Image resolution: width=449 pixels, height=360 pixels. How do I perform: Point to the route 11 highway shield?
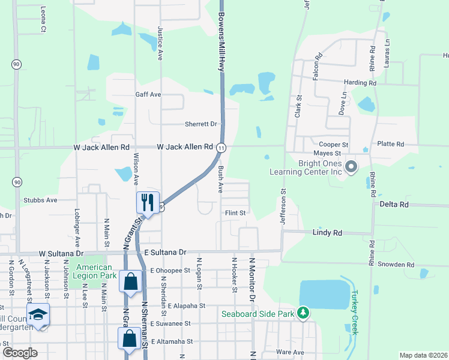pos(221,147)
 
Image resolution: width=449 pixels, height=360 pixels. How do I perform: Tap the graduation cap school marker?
pos(38,314)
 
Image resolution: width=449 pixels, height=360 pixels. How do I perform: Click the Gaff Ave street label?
pos(148,94)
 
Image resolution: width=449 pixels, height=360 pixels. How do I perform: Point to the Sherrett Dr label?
pos(200,124)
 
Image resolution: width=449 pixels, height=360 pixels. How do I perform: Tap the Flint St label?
pos(235,212)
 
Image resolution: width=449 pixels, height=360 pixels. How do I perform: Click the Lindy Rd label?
pos(327,232)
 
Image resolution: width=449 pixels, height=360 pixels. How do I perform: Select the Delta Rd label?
pos(394,204)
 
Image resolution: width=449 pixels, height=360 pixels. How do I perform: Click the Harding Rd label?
pos(360,82)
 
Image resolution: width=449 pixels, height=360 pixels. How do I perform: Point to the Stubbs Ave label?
pos(40,200)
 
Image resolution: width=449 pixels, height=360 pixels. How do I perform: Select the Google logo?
pos(20,352)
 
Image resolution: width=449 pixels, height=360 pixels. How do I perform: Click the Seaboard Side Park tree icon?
pos(304,313)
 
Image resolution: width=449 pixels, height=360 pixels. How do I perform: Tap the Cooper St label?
pos(333,145)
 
